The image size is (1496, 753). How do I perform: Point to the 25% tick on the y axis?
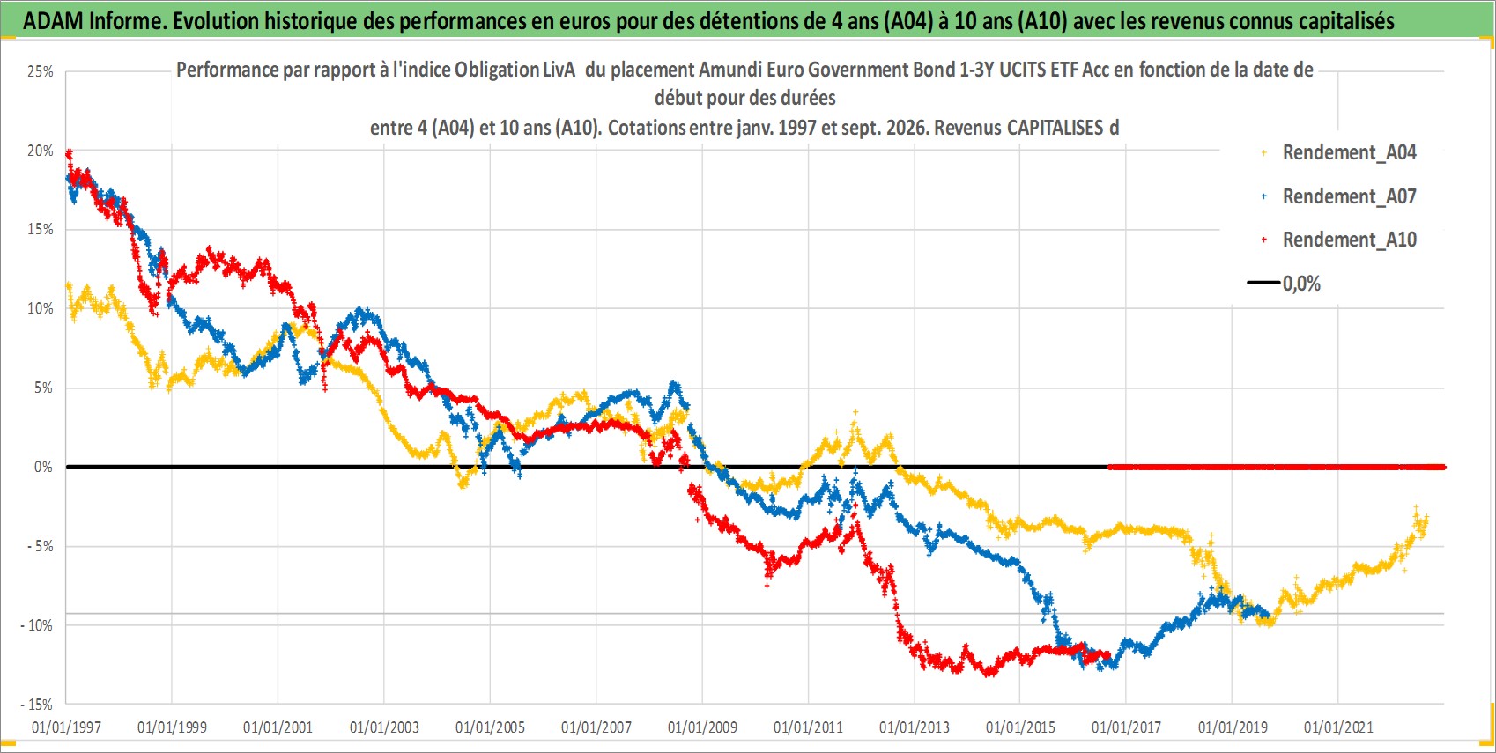(40, 71)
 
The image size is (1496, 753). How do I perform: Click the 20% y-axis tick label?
(40, 151)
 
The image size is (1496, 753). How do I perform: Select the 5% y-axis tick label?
(43, 388)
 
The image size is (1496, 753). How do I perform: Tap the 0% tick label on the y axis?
(43, 468)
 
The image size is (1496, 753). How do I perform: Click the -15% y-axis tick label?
(37, 705)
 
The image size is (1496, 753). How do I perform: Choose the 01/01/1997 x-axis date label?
(66, 727)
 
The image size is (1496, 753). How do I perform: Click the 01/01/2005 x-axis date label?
(490, 727)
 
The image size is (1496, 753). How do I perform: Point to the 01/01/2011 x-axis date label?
(808, 727)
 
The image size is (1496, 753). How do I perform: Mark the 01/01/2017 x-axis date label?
(1127, 727)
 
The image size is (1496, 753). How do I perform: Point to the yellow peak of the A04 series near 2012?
(855, 412)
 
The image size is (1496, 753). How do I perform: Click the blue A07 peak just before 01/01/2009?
(675, 383)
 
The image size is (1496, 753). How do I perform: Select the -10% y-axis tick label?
(37, 625)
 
